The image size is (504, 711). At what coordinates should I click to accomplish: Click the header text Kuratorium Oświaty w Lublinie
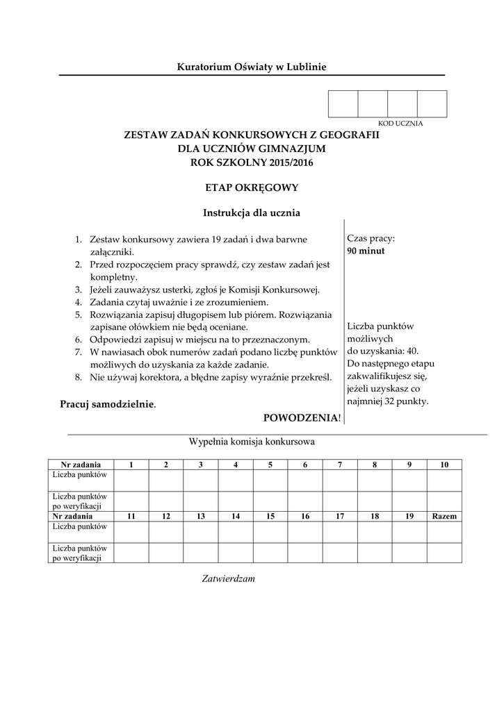[x=251, y=67]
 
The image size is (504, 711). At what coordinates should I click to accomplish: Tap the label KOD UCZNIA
[x=400, y=123]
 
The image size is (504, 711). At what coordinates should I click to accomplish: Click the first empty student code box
[x=343, y=103]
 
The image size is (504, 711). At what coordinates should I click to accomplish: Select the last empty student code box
[x=432, y=103]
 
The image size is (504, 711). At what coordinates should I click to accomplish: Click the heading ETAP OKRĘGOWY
[x=251, y=187]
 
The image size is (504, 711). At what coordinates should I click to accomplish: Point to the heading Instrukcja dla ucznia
[x=251, y=212]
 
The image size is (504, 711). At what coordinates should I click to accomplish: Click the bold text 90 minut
[x=366, y=251]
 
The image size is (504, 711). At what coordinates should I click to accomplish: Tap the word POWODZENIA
[x=301, y=417]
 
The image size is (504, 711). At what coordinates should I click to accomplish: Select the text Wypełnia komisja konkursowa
[x=251, y=442]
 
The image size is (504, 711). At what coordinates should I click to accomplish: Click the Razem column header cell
[x=444, y=517]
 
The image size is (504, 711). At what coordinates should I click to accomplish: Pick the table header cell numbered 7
[x=340, y=465]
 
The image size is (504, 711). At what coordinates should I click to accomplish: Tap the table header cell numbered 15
[x=270, y=517]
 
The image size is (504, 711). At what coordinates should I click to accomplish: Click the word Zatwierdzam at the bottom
[x=229, y=578]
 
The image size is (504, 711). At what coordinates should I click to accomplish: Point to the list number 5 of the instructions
[x=79, y=314]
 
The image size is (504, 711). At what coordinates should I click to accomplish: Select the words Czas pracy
[x=371, y=239]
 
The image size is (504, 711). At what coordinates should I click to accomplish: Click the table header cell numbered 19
[x=409, y=517]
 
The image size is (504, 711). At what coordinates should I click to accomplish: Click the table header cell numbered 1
[x=131, y=465]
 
